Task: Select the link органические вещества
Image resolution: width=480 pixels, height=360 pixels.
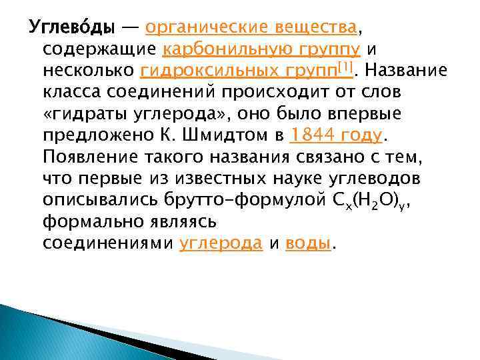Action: tap(251, 29)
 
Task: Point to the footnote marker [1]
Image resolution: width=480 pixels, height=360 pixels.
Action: tap(345, 67)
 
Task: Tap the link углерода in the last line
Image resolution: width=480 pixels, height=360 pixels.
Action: tap(221, 244)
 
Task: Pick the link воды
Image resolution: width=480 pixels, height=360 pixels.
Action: tap(307, 244)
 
